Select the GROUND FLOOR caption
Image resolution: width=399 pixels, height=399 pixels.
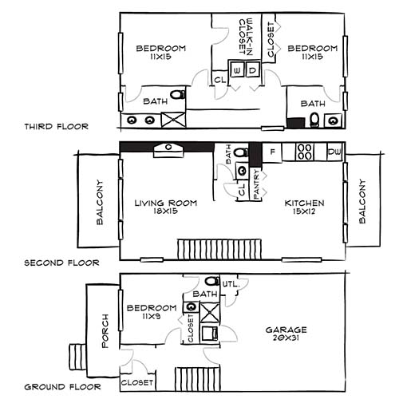pos(62,387)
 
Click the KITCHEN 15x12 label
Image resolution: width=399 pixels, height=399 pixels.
pos(305,207)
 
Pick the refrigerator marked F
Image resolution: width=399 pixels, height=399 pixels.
pos(273,151)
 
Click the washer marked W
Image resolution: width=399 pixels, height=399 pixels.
pos(237,71)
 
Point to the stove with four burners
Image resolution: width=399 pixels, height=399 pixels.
pos(305,151)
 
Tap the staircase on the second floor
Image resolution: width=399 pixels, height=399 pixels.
pos(197,248)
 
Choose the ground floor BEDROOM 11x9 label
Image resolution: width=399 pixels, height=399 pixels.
pos(152,312)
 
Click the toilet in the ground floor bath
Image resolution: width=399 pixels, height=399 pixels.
pos(211,282)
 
